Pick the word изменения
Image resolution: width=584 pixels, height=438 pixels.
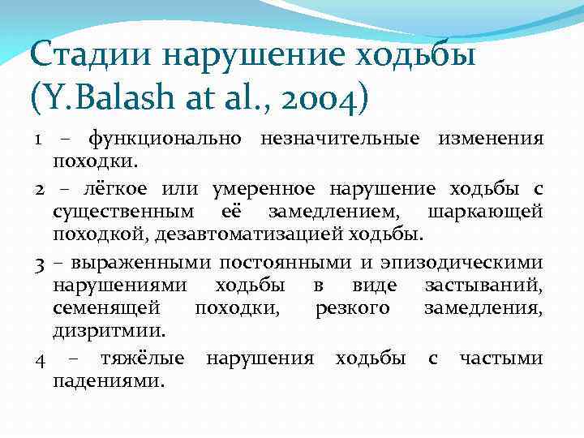[491, 137]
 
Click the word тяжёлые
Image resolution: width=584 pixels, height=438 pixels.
[142, 358]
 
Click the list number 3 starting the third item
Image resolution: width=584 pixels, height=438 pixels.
[39, 263]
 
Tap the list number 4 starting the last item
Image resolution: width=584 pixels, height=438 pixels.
[40, 358]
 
